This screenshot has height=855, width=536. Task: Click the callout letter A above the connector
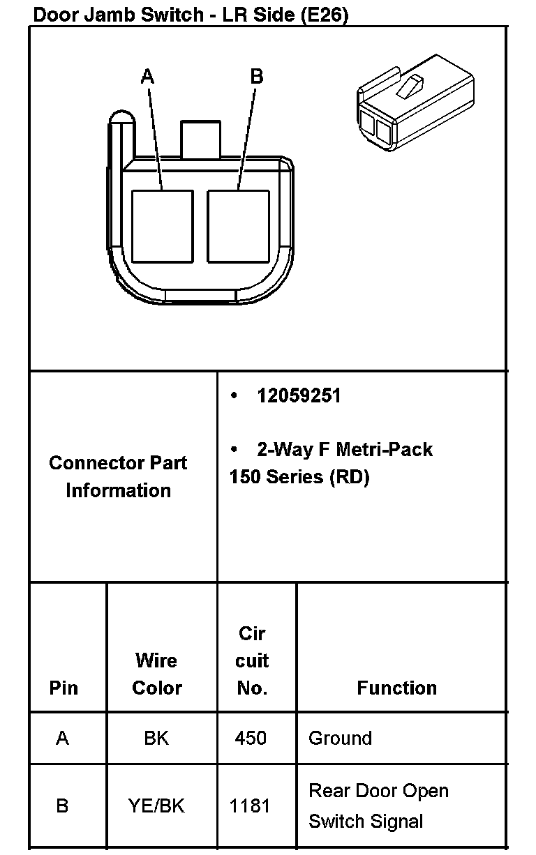[147, 76]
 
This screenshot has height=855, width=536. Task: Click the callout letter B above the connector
[256, 76]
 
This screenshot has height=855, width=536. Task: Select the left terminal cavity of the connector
[162, 226]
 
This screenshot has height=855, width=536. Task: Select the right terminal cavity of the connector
[238, 226]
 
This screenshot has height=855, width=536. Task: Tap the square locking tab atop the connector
[200, 139]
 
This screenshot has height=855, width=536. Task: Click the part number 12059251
[299, 396]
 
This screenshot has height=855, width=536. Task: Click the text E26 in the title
[322, 15]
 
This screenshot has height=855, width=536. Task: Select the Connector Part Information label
[118, 476]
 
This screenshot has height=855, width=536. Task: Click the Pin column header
[64, 688]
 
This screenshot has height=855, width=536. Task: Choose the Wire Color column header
[157, 674]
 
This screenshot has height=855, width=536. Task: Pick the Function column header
[396, 688]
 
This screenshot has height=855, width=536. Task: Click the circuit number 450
[251, 738]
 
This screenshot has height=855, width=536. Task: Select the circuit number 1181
[250, 805]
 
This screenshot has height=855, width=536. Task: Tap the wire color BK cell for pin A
[156, 738]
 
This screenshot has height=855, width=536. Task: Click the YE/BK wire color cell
[156, 805]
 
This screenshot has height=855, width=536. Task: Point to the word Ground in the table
[340, 738]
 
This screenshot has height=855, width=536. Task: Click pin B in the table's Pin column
[62, 805]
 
